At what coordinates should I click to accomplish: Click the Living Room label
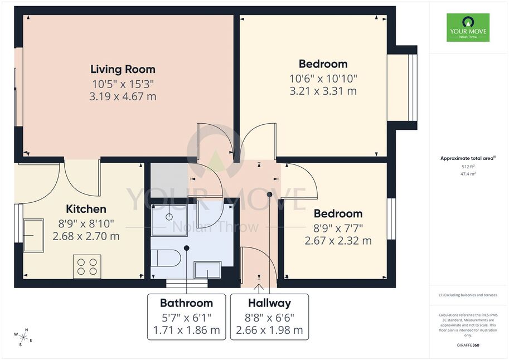coord(123,70)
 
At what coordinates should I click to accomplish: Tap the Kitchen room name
coord(86,209)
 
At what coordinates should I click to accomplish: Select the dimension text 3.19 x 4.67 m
coord(123,96)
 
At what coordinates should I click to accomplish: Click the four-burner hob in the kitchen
coord(87,266)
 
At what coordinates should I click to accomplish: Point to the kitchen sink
coord(33,235)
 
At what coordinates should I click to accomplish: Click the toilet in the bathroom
coord(166,258)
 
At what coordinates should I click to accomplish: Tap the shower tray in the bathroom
coord(169,220)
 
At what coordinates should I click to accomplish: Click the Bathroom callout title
coord(186,303)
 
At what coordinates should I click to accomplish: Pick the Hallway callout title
coord(269,303)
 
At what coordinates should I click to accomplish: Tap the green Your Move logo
coord(468,28)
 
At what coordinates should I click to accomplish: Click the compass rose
coord(23,337)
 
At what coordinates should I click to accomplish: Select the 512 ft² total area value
coord(468,167)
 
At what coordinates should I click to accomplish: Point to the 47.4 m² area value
coord(468,174)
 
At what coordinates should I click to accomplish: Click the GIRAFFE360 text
coord(468,345)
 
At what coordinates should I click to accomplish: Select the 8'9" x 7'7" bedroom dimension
coord(338,228)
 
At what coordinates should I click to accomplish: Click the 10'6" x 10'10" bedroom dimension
coord(323,79)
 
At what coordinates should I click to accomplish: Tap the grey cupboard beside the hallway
coord(169,180)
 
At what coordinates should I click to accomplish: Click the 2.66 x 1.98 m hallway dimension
coord(269,330)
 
